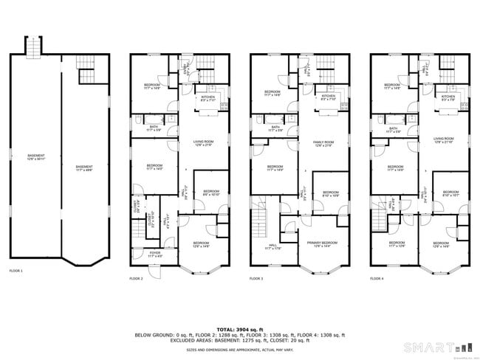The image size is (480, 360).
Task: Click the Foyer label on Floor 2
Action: pos(154,254)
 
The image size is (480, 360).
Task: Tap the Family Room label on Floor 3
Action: pos(323,144)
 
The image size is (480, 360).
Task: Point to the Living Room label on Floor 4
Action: pos(444,139)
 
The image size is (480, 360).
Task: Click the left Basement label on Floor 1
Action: pos(34,156)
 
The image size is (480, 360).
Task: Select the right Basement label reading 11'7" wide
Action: pos(83,167)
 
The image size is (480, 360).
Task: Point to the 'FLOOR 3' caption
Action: pos(256,278)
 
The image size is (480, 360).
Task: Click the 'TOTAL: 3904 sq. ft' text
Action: pos(239,329)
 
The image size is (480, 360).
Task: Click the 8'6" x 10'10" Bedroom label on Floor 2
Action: pos(211,193)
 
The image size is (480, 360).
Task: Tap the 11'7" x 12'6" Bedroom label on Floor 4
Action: pos(397,243)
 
